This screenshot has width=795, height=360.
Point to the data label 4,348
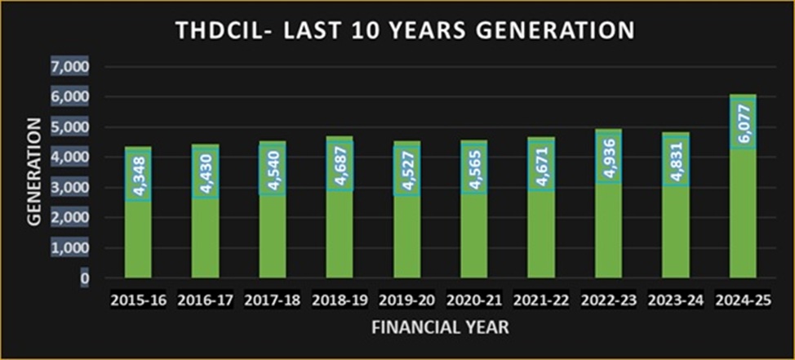pyautogui.click(x=138, y=177)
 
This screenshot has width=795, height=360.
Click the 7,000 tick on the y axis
pyautogui.click(x=71, y=66)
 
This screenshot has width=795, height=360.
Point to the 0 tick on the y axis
pyautogui.click(x=85, y=278)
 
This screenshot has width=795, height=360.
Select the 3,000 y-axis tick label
pyautogui.click(x=71, y=188)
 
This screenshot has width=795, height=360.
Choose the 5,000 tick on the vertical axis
pyautogui.click(x=71, y=127)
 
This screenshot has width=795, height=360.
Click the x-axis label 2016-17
pyautogui.click(x=205, y=300)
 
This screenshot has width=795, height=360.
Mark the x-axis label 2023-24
pyautogui.click(x=675, y=300)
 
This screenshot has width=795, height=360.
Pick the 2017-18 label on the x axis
pyautogui.click(x=272, y=300)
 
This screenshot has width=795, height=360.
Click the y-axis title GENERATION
pyautogui.click(x=33, y=172)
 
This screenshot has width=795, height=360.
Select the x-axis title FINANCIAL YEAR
pyautogui.click(x=441, y=328)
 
